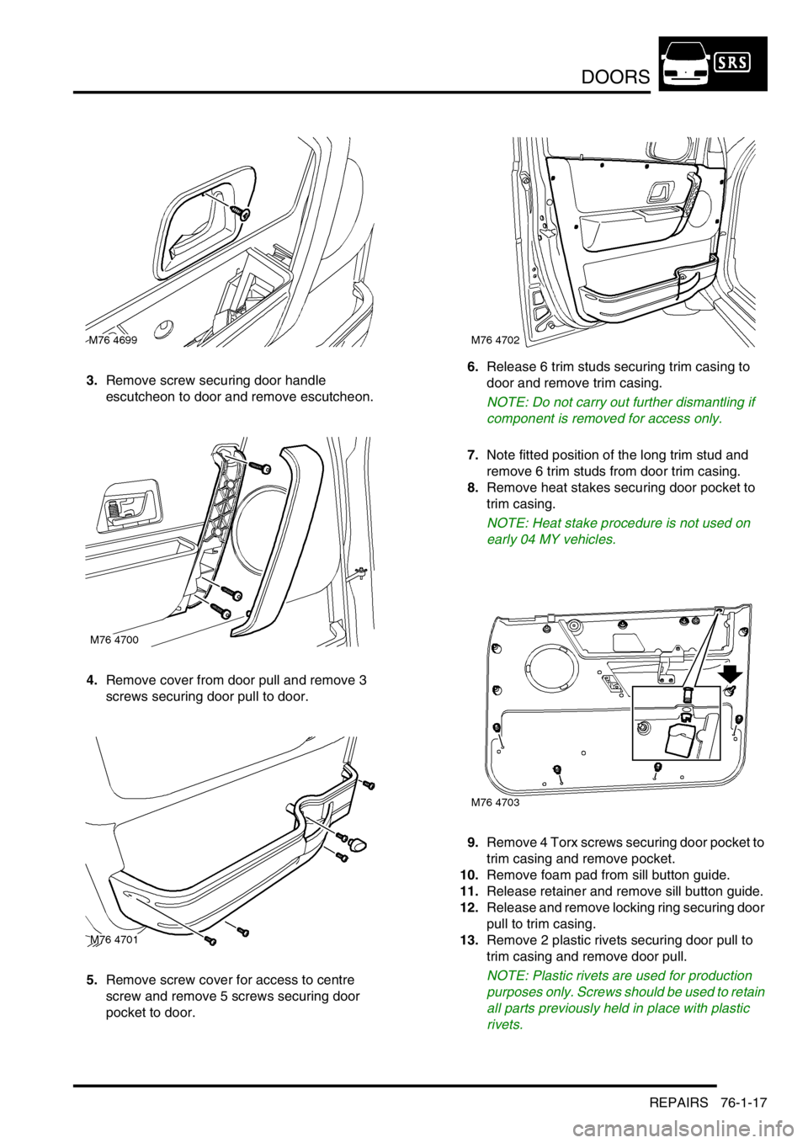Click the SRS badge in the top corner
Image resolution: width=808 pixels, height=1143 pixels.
click(732, 62)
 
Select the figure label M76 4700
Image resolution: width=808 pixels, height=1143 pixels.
click(114, 640)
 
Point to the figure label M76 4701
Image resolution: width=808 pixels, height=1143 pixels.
click(114, 939)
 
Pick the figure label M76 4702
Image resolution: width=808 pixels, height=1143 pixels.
click(495, 340)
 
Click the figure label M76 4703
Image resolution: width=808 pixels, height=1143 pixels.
click(495, 802)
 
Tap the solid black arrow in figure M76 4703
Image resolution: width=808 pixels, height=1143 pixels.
click(730, 674)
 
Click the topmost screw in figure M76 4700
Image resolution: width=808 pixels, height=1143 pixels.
click(264, 469)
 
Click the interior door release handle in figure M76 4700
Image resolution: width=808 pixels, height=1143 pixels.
click(128, 505)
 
